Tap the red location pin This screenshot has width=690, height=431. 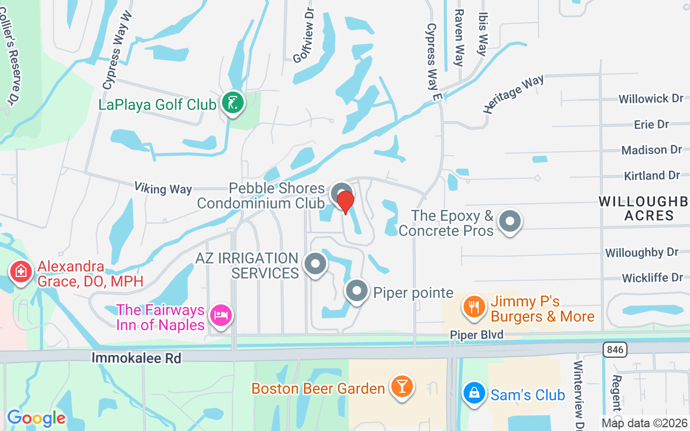click(x=345, y=202)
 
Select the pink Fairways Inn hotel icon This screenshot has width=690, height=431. click(x=221, y=314)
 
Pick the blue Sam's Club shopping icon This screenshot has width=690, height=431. click(x=473, y=393)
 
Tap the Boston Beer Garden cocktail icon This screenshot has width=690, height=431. click(x=402, y=387)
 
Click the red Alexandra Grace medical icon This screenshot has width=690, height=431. click(x=20, y=271)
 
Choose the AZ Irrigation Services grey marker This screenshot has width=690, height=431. click(x=315, y=264)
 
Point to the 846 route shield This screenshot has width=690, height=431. click(x=614, y=350)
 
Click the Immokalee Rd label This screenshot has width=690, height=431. click(x=136, y=358)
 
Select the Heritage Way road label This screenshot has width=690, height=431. click(x=513, y=94)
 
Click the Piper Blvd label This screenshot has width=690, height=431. click(x=477, y=335)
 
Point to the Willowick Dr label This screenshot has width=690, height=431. click(x=651, y=99)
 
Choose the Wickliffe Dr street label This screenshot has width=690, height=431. click(x=652, y=278)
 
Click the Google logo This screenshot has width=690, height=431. click(x=36, y=418)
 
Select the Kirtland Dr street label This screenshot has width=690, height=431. click(x=652, y=176)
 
